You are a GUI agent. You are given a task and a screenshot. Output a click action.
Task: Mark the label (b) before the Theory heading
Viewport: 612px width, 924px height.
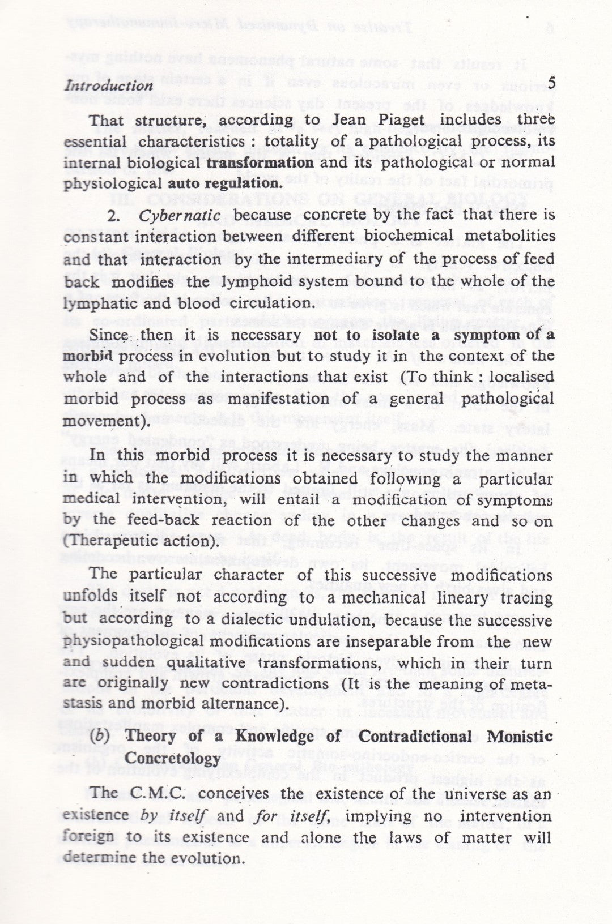(x=104, y=736)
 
